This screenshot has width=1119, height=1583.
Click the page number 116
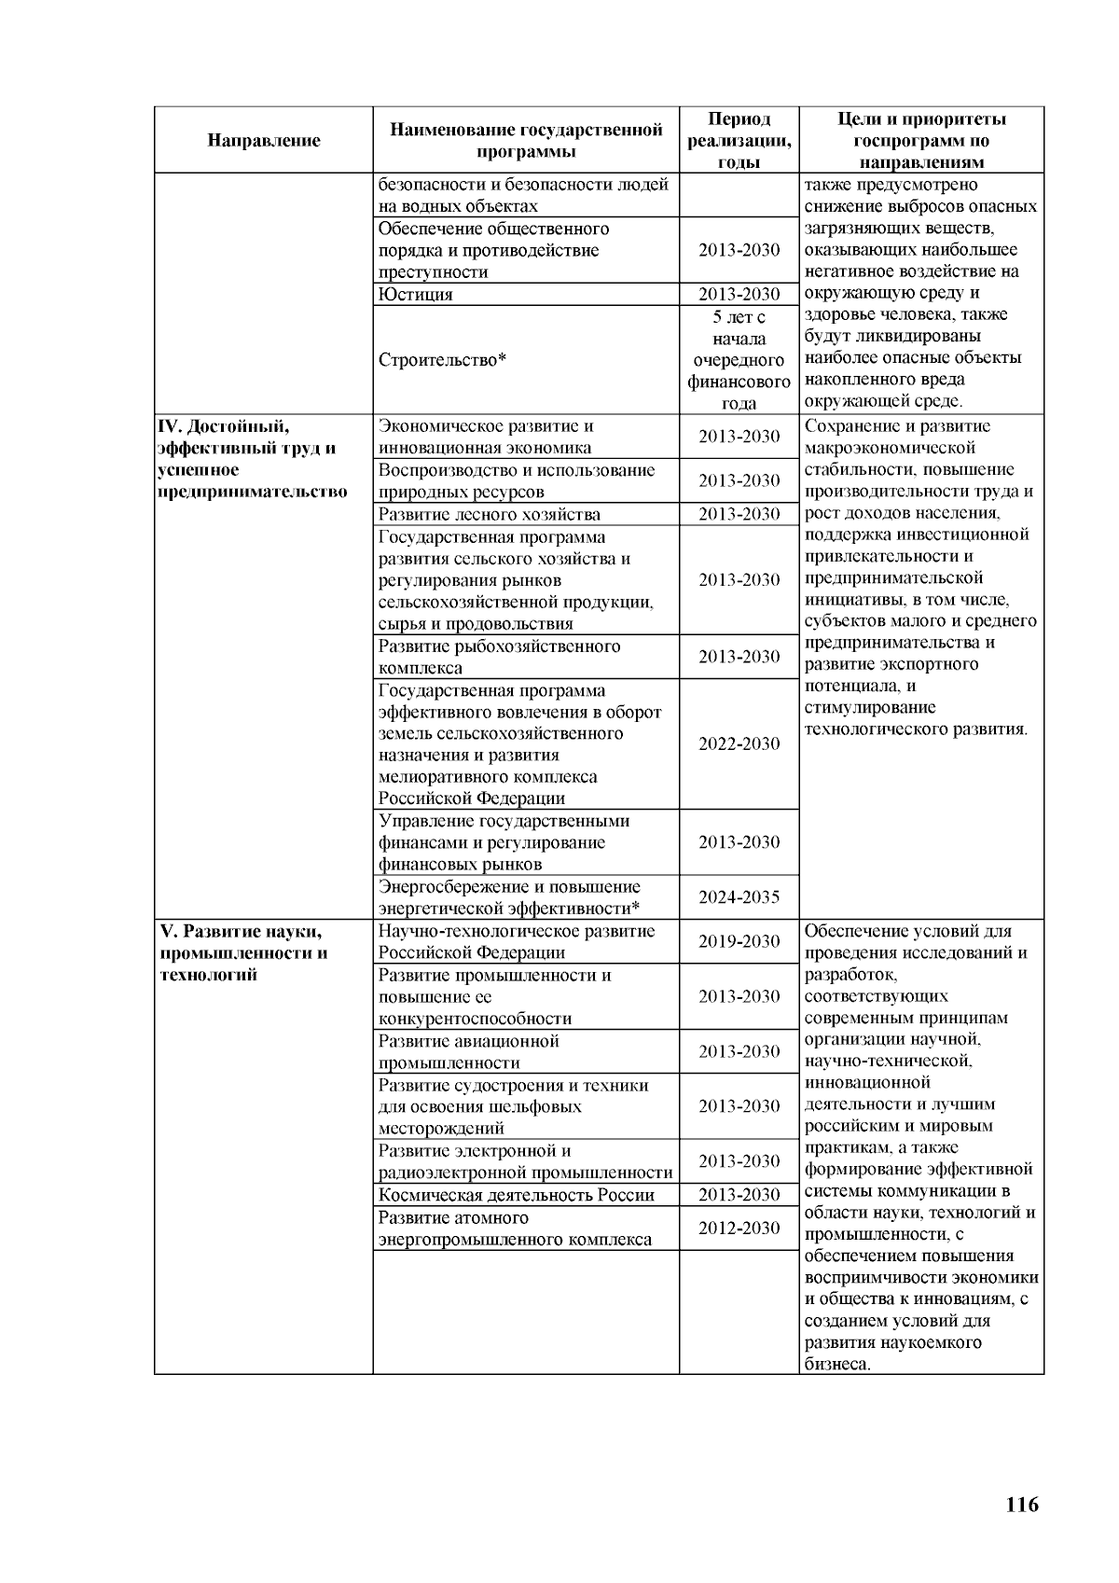[x=1022, y=1505]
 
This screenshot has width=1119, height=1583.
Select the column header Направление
[x=264, y=141]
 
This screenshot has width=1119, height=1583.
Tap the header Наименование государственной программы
[x=525, y=140]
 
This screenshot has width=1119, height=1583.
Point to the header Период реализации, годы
[x=739, y=140]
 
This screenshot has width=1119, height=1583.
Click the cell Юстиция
[x=416, y=295]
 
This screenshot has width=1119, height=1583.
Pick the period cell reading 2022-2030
[x=739, y=743]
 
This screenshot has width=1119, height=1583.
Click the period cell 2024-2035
[x=739, y=897]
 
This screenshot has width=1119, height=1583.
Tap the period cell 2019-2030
[x=739, y=941]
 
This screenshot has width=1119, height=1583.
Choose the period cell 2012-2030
[x=739, y=1229]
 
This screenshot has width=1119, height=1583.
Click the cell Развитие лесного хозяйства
[x=489, y=515]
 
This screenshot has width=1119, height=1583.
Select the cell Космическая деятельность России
[x=516, y=1196]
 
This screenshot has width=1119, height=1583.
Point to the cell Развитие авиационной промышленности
[x=468, y=1051]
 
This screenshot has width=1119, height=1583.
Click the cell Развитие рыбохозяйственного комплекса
[x=499, y=657]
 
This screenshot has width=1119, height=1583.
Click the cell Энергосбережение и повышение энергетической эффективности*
[x=509, y=897]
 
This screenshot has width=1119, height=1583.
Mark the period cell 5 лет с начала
[x=739, y=360]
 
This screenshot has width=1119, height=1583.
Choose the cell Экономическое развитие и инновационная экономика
[x=485, y=437]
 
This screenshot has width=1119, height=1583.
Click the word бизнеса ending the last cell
[x=836, y=1364]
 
